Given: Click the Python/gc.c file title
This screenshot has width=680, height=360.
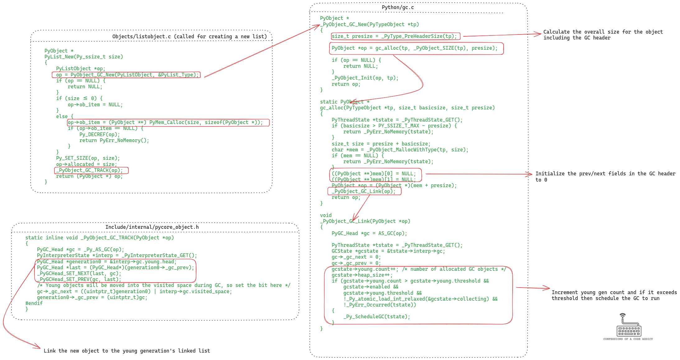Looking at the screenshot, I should (398, 7).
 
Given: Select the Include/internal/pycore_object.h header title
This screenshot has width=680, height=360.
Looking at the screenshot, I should (152, 227).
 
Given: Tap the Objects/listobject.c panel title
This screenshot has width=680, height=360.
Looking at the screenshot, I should (189, 37).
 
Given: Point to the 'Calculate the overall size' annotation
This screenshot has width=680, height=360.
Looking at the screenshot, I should (603, 35).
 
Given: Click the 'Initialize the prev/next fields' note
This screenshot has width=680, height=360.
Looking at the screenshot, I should (605, 177).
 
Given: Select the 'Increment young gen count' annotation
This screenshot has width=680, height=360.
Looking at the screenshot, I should (614, 295).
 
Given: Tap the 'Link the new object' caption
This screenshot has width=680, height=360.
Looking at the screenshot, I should (127, 351).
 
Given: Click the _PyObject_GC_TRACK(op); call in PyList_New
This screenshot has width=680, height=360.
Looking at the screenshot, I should (89, 170).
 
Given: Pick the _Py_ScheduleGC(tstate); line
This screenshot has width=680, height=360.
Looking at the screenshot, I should (377, 317).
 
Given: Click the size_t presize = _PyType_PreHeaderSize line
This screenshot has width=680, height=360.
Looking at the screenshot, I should (394, 36).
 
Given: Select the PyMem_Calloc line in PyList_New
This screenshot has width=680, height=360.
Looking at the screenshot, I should (165, 122).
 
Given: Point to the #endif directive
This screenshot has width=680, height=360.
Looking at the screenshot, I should (34, 303).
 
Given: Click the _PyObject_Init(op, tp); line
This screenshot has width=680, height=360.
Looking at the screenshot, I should (365, 78).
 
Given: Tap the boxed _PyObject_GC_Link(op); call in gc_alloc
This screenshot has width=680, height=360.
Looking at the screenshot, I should (363, 192).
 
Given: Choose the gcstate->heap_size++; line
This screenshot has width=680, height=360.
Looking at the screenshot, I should (362, 275).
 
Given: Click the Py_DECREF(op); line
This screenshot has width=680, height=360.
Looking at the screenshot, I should (100, 135).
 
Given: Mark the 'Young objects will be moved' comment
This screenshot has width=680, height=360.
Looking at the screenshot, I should (164, 285).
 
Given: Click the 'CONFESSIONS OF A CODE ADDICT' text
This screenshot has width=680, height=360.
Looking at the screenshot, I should (628, 339).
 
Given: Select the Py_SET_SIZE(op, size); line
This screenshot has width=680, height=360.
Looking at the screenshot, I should (88, 158).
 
